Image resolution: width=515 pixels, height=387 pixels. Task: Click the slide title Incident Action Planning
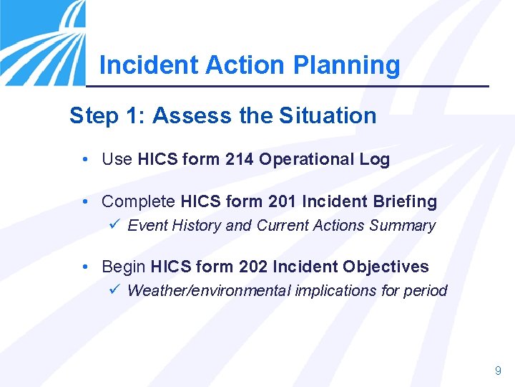pos(250,65)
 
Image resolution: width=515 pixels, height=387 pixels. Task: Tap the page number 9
pos(498,371)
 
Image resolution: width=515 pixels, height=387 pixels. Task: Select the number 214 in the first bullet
pos(239,160)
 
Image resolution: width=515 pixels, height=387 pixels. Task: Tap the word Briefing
pos(407,202)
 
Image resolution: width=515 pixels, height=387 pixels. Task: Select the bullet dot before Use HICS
pos(85,160)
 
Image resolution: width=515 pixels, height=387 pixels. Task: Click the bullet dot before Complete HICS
pos(85,202)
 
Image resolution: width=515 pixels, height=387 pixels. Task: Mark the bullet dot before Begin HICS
pos(85,267)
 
